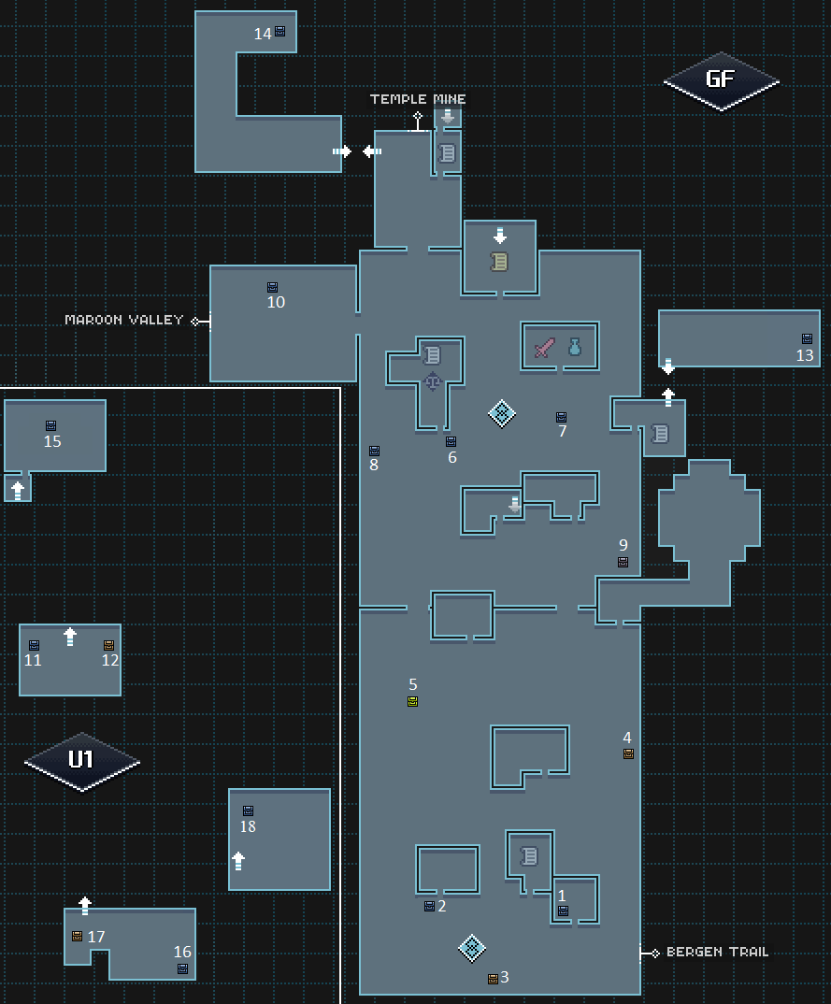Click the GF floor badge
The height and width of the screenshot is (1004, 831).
pos(721,81)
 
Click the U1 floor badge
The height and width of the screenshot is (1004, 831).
pos(81,761)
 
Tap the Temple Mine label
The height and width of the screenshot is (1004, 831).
pos(418,99)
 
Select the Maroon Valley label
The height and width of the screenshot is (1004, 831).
pos(124,320)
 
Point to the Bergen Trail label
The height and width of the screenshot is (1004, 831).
pos(717,953)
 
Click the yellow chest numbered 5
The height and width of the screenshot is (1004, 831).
pos(413,702)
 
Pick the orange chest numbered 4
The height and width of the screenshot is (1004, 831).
pos(629,754)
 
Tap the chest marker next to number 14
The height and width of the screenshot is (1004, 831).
pos(280,32)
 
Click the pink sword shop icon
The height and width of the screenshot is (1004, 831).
pos(545,348)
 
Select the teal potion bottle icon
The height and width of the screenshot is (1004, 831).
pos(575,347)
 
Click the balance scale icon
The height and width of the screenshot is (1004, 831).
pos(433,381)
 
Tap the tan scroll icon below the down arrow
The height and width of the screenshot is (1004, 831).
pos(499,262)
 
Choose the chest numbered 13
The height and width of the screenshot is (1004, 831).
pos(808,338)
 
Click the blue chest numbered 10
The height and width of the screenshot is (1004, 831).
pos(273,288)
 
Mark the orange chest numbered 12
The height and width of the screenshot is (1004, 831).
pos(108,645)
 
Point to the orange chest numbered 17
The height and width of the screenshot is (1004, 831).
pos(78,936)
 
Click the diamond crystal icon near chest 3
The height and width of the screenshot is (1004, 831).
pos(472,948)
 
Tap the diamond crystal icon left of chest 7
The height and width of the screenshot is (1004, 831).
pos(502,413)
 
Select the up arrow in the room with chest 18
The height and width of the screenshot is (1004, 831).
pos(238,861)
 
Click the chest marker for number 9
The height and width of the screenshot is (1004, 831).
pos(623,562)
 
